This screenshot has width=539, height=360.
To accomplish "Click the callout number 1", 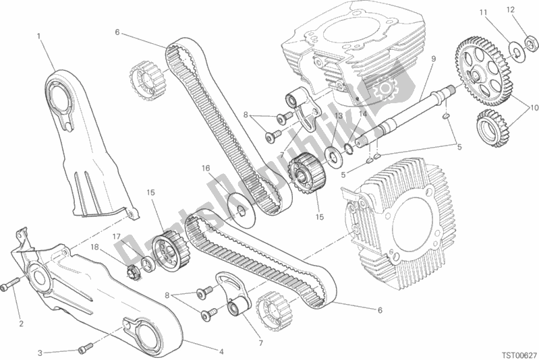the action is point(39,36).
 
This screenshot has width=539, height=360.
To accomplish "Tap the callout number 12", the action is point(511,10).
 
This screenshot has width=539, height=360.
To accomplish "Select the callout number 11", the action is point(484,13).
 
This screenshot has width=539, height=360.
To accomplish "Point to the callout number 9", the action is point(434,59).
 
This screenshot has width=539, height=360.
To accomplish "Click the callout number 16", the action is point(206,169).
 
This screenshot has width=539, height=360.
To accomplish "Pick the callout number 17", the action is point(117,237).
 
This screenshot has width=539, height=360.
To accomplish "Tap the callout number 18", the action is point(94,247).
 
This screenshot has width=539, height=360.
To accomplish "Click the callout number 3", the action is point(40,353).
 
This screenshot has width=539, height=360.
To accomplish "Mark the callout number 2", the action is point(21,323).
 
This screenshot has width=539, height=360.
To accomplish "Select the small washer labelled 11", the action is point(515,51).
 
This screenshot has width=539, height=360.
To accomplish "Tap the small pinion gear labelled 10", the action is point(492,128).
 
